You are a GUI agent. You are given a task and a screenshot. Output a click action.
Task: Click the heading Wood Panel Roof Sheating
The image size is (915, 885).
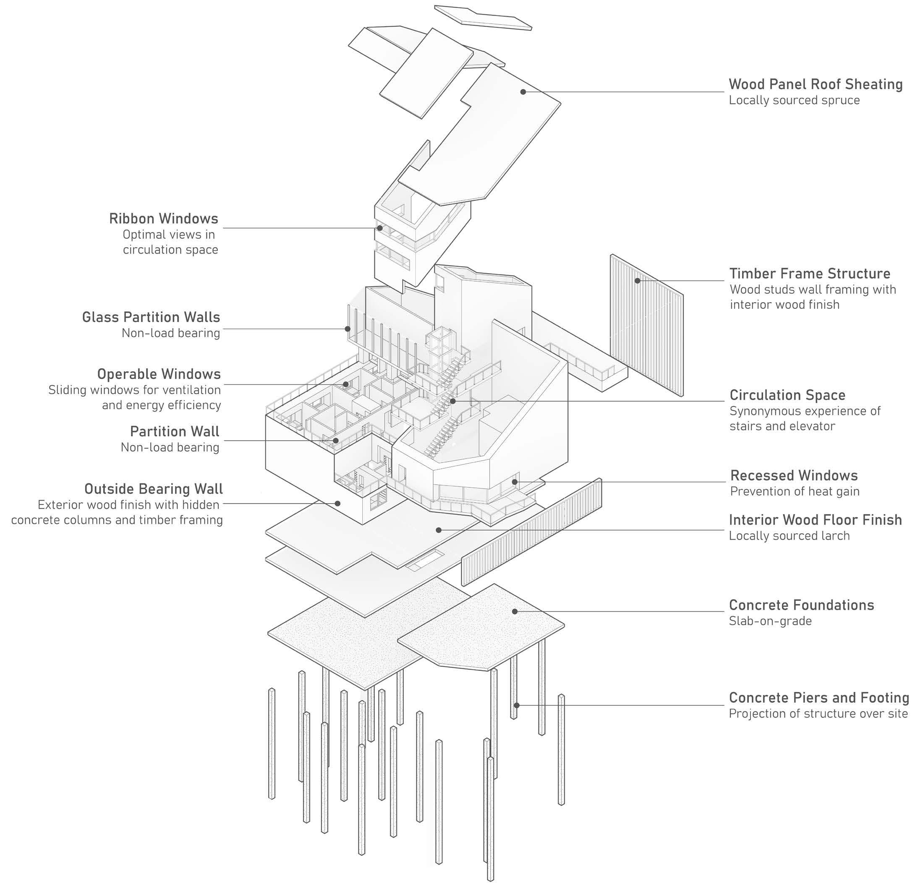816,84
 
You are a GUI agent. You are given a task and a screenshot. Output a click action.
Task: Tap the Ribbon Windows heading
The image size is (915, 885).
163,219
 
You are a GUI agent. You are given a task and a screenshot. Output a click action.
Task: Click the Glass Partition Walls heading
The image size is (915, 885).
151,317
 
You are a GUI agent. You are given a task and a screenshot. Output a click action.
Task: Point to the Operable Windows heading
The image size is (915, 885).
159,374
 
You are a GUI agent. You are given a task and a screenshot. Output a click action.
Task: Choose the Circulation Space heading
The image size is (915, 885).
787,395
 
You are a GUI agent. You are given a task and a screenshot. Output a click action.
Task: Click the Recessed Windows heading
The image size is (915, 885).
794,475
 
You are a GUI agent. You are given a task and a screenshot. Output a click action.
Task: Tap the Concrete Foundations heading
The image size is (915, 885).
801,605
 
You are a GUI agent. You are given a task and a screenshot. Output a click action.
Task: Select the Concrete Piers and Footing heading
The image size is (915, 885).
819,697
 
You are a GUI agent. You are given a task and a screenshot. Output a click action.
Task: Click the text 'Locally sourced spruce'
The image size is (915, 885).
794,100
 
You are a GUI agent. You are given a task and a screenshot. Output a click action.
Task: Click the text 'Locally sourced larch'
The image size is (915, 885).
789,535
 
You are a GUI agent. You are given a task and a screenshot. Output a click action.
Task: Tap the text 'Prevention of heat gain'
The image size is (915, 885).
795,491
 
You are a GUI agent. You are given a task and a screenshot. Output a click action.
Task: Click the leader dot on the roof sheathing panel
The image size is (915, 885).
523,92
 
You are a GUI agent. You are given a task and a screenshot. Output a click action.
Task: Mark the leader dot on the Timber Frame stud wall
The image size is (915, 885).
637,281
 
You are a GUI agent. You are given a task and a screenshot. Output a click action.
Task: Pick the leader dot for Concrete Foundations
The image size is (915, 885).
515,611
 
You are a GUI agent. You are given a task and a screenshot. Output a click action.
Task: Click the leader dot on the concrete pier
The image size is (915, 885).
516,705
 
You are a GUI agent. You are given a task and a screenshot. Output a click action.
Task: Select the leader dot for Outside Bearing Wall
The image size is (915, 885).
337,503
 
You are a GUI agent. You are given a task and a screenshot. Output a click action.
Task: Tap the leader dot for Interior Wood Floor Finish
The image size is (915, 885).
438,530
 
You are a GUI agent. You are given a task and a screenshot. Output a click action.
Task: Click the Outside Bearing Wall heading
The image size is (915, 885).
154,489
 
